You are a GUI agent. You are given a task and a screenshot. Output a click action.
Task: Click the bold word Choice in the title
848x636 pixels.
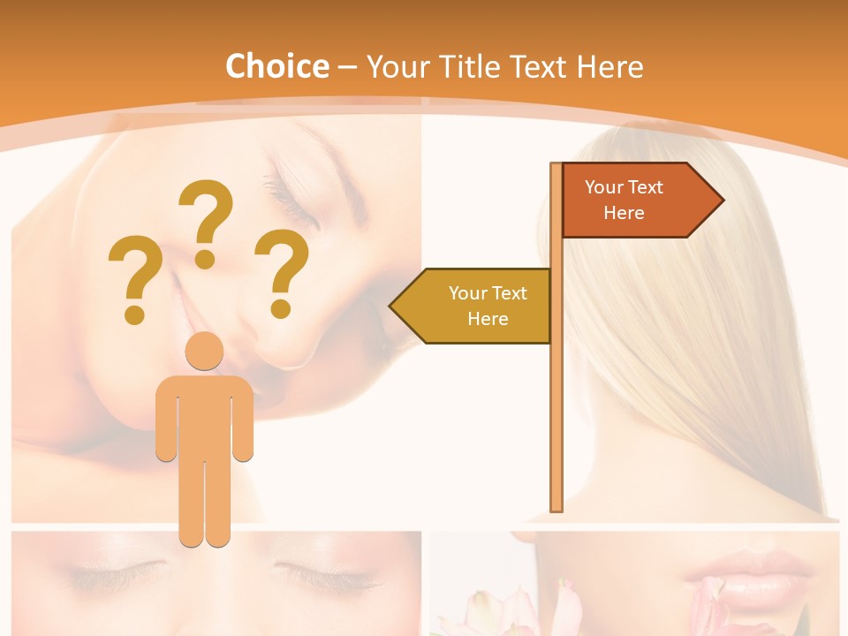pos(276,66)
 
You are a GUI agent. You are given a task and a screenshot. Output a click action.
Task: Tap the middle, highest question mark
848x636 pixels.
pos(206,223)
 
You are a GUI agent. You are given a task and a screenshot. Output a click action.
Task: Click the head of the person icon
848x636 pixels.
pos(204,351)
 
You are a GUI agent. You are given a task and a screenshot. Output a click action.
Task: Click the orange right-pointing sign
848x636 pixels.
pos(632,201)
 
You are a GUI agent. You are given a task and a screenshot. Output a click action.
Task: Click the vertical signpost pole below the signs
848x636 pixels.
pos(556,424)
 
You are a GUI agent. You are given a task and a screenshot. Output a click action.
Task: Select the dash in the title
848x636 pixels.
pos(347,67)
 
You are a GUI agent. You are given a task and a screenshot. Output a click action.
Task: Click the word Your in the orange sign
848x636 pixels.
pos(604,187)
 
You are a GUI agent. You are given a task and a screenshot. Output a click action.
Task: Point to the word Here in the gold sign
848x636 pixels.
pos(488,319)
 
